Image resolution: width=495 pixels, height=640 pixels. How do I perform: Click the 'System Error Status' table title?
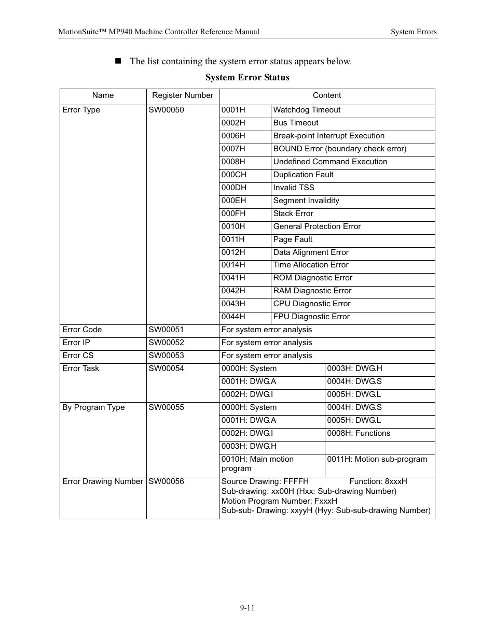247,77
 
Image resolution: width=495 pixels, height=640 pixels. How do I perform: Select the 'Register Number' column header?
182,95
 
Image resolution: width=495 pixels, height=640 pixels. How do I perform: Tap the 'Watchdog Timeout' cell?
307,110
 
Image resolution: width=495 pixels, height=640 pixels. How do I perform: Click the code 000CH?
233,175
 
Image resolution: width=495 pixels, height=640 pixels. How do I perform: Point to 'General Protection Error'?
317,226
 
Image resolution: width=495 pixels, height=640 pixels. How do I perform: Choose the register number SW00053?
166,355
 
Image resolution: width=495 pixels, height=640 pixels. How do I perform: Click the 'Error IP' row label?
76,343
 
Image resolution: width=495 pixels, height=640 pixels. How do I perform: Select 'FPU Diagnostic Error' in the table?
311,317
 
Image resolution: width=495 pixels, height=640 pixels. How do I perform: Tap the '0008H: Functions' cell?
359,433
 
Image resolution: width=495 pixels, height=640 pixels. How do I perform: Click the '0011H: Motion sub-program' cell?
377,459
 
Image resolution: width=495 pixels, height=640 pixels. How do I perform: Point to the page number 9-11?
247,607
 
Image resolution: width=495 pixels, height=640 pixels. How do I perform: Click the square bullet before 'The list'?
118,61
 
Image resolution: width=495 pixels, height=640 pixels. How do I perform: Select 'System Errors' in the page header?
414,32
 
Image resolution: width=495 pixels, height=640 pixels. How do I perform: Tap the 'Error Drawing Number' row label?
102,481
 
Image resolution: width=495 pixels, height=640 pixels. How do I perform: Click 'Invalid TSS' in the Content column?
294,188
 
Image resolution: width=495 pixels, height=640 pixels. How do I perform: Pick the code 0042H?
233,291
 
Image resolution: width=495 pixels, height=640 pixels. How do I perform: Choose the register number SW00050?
166,110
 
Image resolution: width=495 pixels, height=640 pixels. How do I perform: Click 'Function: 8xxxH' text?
378,481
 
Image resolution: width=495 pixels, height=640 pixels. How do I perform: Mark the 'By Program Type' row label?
93,407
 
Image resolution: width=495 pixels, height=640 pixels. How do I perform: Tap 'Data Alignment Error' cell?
311,252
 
